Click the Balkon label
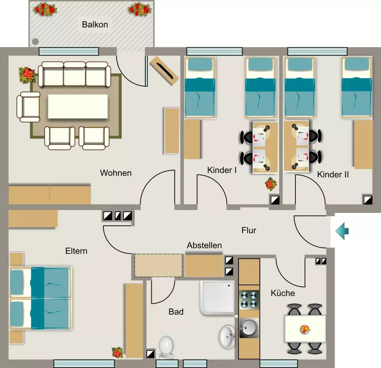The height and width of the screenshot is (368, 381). pos(95,25)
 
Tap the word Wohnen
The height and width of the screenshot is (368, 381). pos(116,173)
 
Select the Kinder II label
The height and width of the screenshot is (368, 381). pos(333,175)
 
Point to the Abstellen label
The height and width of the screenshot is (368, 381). pos(204,245)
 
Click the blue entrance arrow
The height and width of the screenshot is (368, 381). pos(342,231)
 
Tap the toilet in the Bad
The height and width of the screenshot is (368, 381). pos(166,347)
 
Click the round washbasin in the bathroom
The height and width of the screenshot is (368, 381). pos(227,337)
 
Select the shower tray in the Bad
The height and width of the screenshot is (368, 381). pos(217,298)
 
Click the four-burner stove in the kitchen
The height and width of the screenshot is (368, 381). pos(249,300)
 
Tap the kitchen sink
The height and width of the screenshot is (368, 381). pos(249,328)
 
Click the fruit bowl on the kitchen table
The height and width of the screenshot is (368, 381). pos(305,329)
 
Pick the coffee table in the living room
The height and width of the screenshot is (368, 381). pos(78,106)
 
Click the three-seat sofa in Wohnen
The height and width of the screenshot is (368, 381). pos(74,74)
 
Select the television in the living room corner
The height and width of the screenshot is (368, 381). pos(164,71)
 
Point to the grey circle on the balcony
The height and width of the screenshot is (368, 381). pos(35,42)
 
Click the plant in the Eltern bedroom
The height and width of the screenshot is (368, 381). pos(117,352)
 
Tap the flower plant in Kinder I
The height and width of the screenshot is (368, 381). pos(271,184)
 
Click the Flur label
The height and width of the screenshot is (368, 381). pos(249,230)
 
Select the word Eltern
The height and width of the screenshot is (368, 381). pos(76,251)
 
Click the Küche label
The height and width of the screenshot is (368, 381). pos(283,293)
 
